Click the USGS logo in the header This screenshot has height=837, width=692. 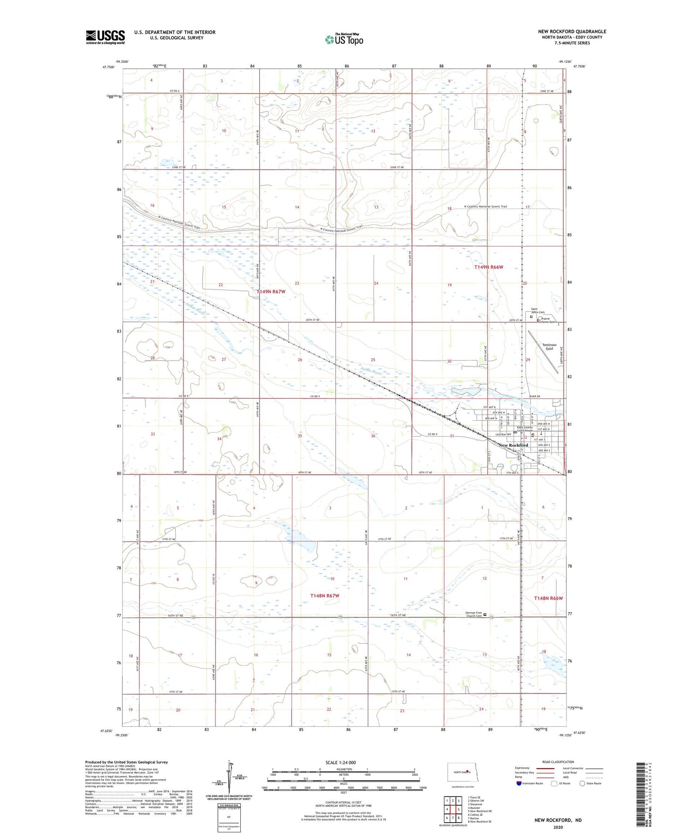coord(105,37)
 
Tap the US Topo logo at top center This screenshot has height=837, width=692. coord(344,39)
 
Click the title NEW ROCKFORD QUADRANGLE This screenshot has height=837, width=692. coord(572,32)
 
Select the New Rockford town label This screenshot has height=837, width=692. coord(513,445)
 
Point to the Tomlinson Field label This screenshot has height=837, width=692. coord(549,347)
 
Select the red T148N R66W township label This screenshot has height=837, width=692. coord(548,598)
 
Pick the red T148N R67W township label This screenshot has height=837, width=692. coord(324,596)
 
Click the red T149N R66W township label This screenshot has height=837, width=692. coord(489,267)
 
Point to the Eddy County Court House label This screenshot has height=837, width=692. coord(525,429)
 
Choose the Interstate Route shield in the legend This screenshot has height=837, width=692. coord(519,783)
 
